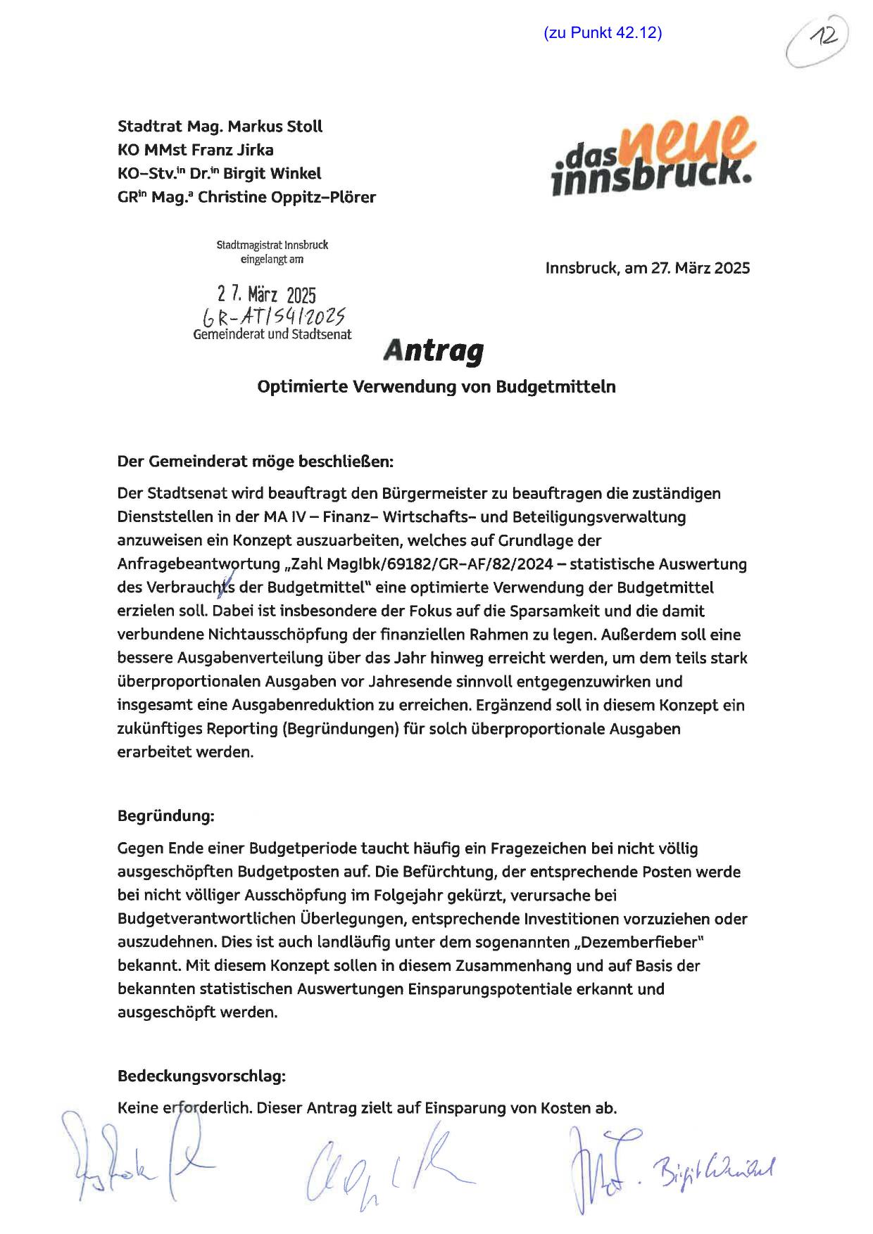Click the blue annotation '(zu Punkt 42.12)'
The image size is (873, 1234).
tap(603, 32)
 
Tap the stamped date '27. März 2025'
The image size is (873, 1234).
tap(266, 295)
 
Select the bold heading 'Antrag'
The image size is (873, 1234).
tap(434, 350)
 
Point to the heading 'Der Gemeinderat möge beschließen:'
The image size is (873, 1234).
tap(256, 462)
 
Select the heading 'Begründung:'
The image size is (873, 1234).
tap(165, 816)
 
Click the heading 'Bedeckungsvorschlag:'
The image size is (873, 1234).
tap(201, 1076)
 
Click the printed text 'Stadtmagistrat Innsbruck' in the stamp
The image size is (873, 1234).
tap(272, 246)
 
